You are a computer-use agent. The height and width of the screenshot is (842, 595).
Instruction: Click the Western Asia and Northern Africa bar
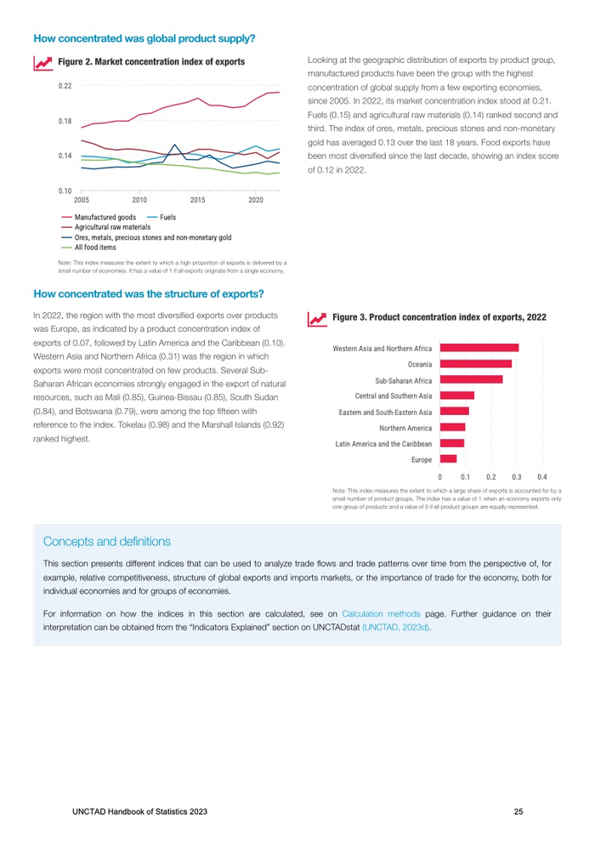479,348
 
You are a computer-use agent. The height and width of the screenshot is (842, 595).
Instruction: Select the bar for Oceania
475,364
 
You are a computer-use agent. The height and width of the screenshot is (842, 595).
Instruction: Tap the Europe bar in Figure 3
448,459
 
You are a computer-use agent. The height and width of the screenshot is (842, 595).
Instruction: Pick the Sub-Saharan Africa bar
471,379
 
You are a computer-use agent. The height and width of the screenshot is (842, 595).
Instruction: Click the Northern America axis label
405,428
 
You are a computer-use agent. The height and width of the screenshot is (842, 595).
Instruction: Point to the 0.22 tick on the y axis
65,86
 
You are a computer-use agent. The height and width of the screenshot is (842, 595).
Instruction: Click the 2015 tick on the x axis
198,200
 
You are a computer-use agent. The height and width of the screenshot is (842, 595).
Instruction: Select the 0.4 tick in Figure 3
541,477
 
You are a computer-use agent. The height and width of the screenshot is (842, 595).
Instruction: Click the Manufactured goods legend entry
105,218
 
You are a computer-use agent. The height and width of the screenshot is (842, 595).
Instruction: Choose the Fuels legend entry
168,218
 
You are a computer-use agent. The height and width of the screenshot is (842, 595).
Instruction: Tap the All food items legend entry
95,247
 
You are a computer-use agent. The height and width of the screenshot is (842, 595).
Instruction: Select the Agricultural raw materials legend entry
112,227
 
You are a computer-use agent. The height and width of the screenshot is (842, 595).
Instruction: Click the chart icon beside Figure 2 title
41,63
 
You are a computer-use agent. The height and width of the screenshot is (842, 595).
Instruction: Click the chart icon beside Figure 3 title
317,317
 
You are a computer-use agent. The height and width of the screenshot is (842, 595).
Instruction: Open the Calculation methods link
381,612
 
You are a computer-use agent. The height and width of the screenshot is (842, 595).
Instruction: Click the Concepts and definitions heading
106,541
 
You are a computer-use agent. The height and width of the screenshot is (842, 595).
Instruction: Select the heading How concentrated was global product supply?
144,38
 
